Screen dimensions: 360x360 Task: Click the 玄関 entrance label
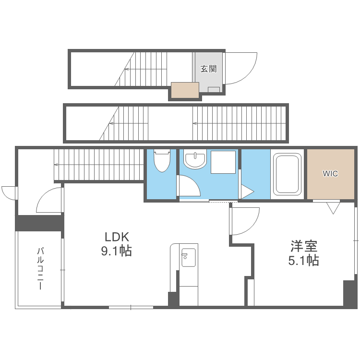click(x=208, y=69)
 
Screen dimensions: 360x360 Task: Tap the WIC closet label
click(x=330, y=173)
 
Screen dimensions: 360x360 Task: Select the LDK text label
click(x=118, y=237)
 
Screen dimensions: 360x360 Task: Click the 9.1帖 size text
click(x=117, y=251)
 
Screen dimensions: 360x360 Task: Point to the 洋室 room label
click(x=304, y=247)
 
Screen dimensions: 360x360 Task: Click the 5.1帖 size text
click(x=304, y=261)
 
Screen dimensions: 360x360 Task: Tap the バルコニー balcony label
click(x=40, y=268)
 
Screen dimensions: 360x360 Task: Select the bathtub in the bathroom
click(x=287, y=175)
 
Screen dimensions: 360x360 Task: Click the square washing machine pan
click(x=223, y=162)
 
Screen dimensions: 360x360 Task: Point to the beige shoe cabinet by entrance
click(x=185, y=90)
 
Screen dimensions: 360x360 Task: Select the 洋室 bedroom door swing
click(x=245, y=221)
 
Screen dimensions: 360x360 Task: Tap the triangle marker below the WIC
click(x=333, y=208)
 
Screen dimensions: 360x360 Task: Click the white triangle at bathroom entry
click(x=246, y=192)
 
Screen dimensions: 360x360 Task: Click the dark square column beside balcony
click(x=40, y=223)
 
